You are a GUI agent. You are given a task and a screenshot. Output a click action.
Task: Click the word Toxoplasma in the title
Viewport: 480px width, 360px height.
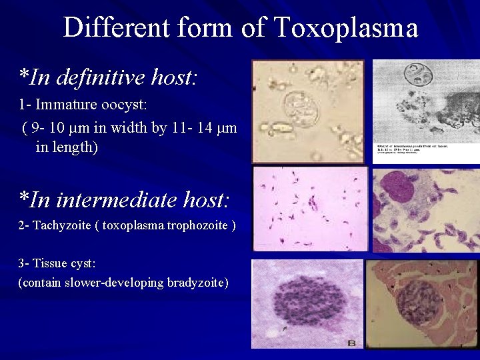coord(346,28)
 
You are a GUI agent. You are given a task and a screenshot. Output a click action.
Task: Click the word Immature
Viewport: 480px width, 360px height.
coord(67,105)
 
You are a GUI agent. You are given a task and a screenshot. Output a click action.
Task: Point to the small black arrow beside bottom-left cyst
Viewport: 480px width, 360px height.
coord(286,327)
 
